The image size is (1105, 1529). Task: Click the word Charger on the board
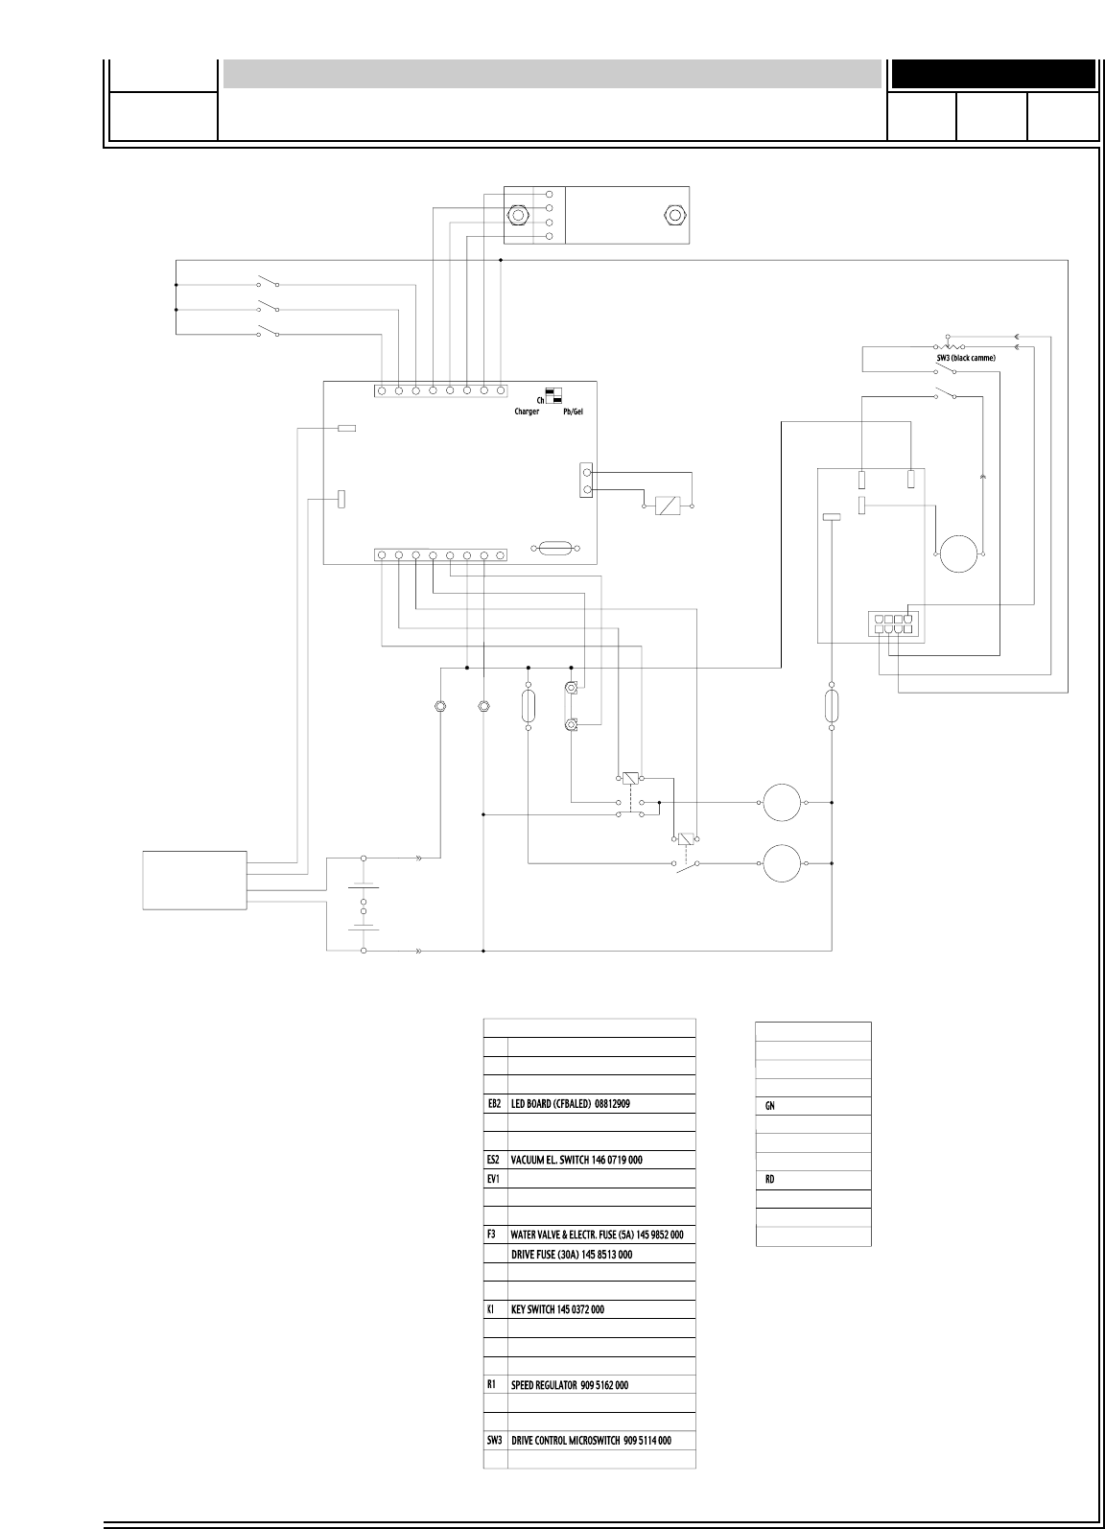(527, 411)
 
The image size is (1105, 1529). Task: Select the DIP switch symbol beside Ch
(553, 396)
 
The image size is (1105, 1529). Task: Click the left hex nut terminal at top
(518, 215)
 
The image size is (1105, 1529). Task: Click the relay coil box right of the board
(668, 505)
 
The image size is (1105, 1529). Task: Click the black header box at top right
(994, 74)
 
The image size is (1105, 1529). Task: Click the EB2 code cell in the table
(495, 1103)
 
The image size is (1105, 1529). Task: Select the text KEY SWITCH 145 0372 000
(571, 1309)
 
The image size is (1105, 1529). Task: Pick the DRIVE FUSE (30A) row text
(571, 1254)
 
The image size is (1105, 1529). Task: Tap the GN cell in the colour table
(769, 1106)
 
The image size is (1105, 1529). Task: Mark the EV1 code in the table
(495, 1178)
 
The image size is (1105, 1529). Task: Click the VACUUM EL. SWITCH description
(576, 1160)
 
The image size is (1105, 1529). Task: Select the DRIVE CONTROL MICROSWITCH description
(591, 1441)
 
